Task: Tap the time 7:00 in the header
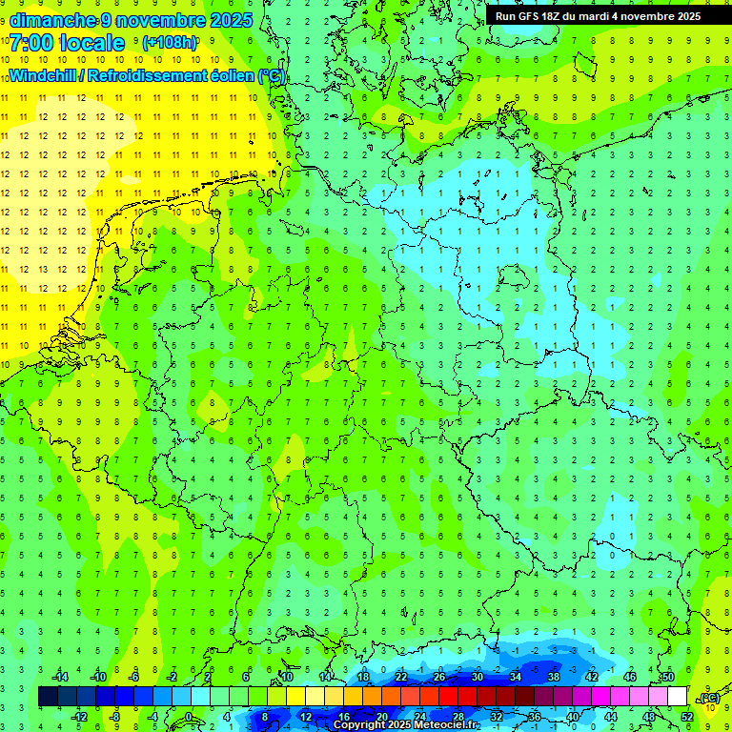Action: tap(31, 43)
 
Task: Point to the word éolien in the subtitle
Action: tap(224, 75)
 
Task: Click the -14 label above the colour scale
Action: tap(60, 677)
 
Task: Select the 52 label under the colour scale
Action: tap(687, 717)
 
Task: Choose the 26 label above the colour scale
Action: tap(439, 677)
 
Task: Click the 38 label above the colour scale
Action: tap(554, 677)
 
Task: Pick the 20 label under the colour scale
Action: tap(381, 717)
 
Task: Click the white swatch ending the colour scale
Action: tap(678, 697)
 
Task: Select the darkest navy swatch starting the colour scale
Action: tap(48, 697)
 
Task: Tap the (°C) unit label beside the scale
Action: tap(709, 698)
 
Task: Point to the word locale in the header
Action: tap(91, 43)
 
